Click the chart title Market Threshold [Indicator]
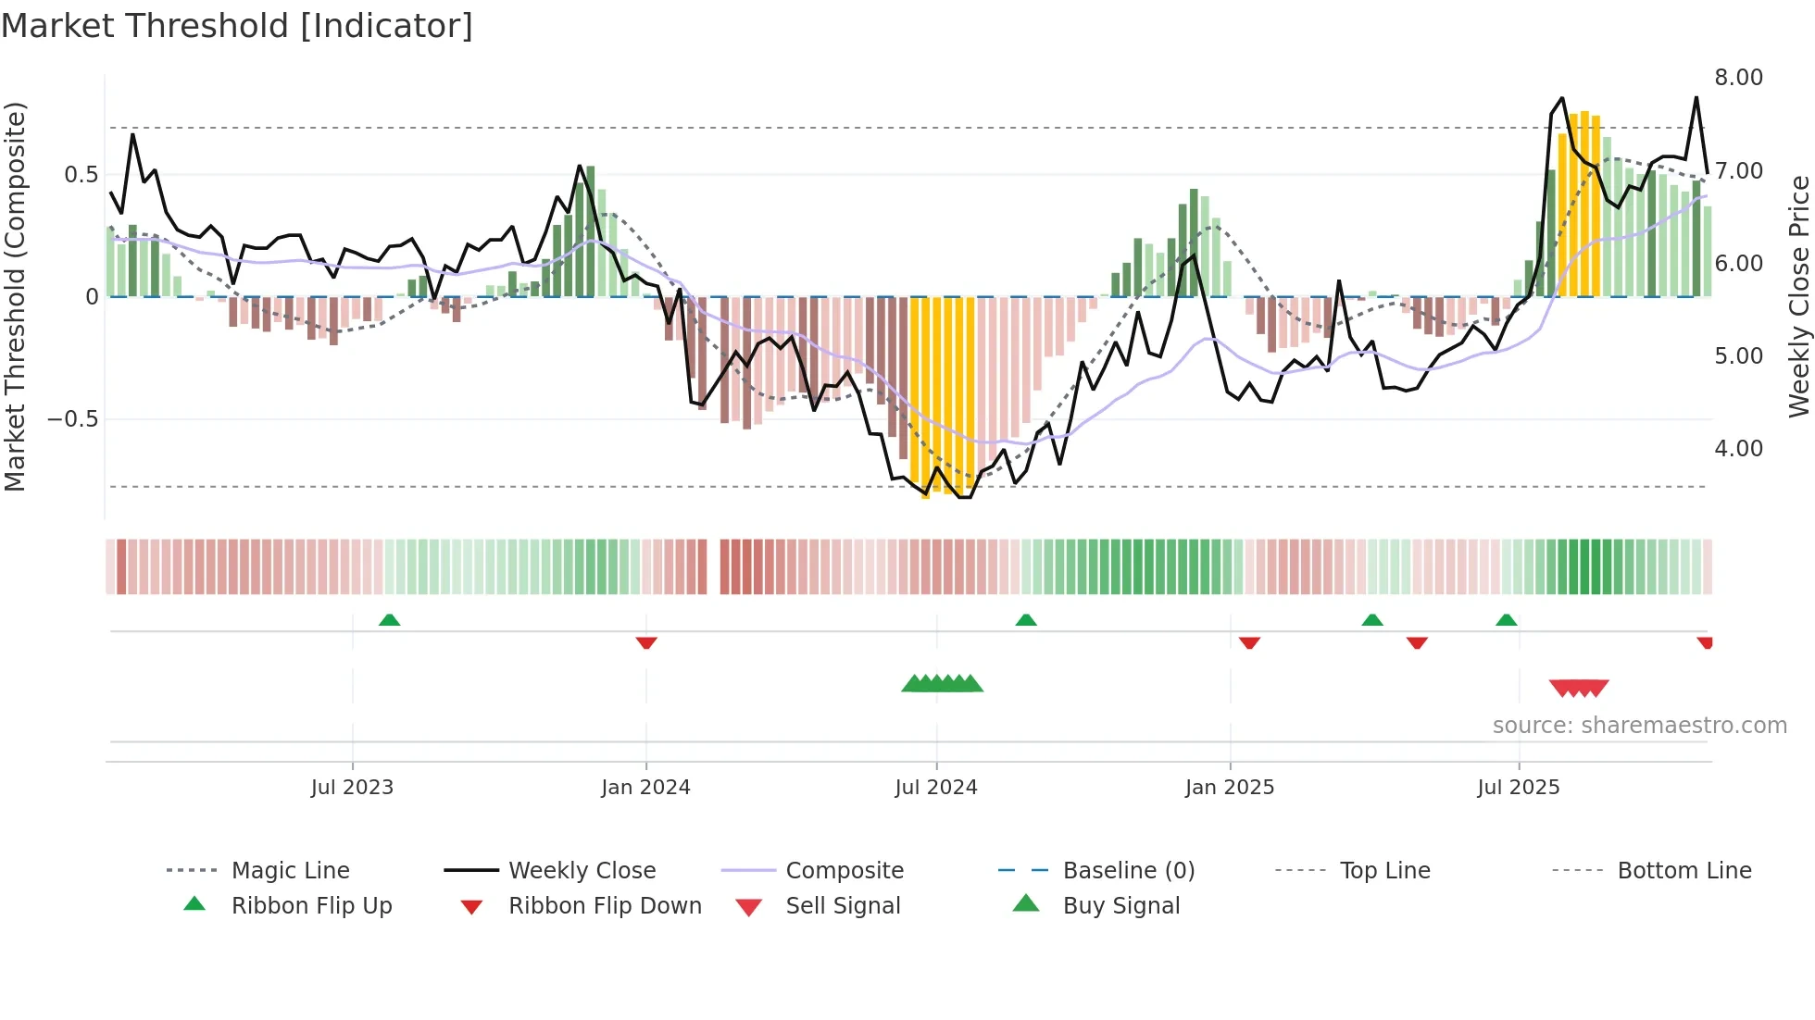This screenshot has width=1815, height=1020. click(237, 26)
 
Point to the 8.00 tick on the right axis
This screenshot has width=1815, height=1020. click(1738, 78)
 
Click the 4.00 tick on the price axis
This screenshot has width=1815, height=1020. click(1738, 449)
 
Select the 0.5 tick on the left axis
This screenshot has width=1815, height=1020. click(81, 175)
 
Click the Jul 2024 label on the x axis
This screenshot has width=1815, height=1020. click(935, 788)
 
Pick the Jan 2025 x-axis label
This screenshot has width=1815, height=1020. click(1229, 788)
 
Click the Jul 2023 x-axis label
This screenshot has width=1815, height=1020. click(352, 788)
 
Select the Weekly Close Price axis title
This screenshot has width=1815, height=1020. click(1798, 296)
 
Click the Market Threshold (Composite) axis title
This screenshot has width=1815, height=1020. click(15, 296)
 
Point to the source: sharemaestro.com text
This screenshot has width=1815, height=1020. click(1639, 726)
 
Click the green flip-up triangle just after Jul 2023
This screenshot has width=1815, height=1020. click(389, 620)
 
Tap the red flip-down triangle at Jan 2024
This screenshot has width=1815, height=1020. click(646, 642)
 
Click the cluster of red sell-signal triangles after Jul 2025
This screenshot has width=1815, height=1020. click(1579, 688)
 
